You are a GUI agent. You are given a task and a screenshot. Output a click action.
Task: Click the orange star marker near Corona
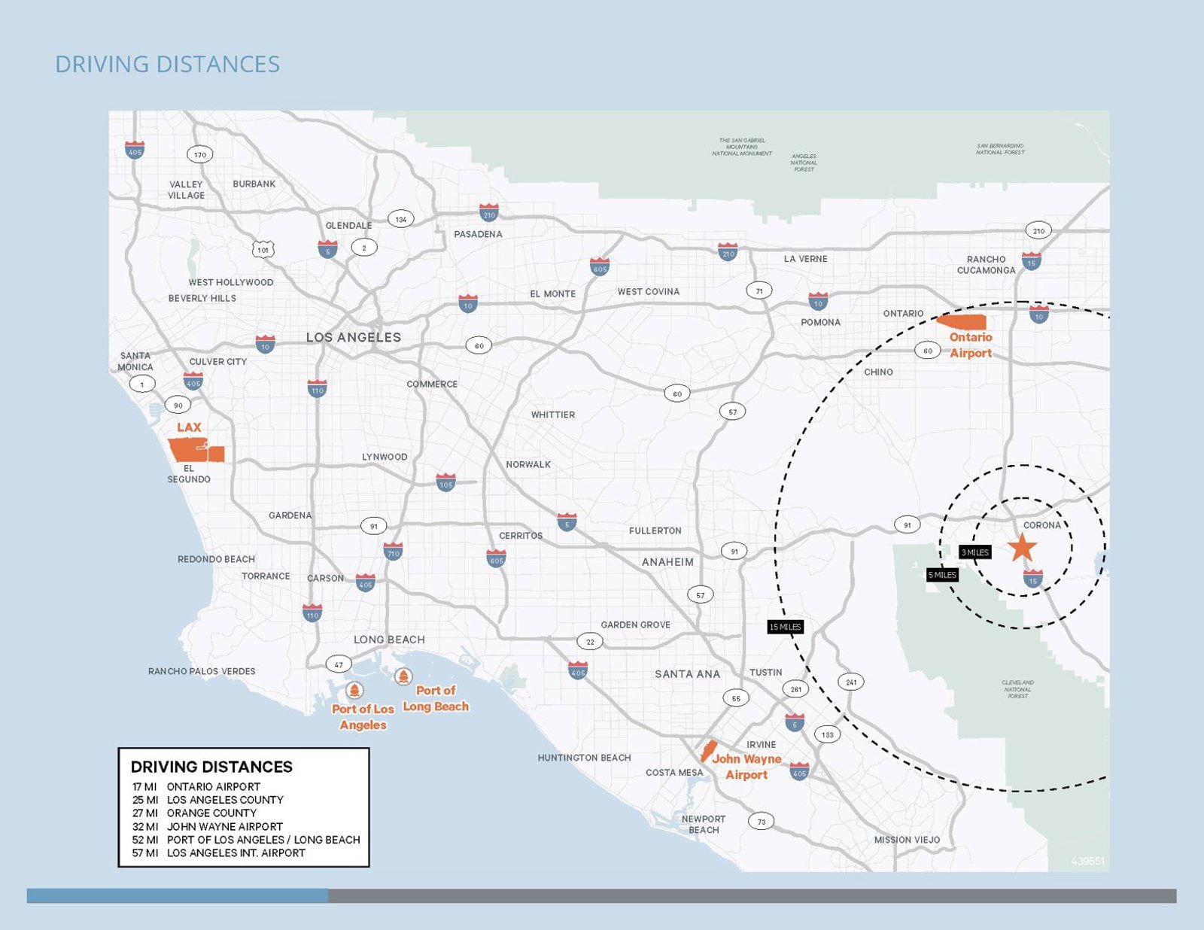pos(1022,547)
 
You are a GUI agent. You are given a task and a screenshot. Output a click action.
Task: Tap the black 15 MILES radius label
pos(785,627)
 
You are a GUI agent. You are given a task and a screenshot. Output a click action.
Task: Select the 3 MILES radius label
pos(975,552)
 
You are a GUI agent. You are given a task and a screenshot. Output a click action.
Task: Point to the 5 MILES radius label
pos(942,575)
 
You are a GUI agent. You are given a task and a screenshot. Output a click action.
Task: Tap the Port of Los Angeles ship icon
pos(354,690)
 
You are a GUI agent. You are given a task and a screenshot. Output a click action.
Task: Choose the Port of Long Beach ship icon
pos(403,676)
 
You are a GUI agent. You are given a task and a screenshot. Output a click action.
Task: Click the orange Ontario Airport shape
pos(962,322)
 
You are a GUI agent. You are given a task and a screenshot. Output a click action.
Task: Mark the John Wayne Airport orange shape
pos(708,751)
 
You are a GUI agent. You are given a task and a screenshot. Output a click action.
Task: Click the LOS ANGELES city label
pos(353,337)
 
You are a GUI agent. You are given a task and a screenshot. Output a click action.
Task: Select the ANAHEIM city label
pos(667,562)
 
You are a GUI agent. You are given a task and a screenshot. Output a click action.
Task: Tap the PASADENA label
pos(478,234)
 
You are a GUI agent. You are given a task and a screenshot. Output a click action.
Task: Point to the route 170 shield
pos(199,155)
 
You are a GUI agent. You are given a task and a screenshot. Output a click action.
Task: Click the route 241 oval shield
pos(851,682)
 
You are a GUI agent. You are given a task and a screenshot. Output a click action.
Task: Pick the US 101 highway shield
pos(263,250)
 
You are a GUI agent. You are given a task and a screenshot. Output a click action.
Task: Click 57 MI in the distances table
pos(144,852)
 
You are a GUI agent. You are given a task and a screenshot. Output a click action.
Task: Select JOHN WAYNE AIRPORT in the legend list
pos(224,826)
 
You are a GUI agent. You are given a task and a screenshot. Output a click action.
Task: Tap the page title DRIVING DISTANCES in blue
pos(167,65)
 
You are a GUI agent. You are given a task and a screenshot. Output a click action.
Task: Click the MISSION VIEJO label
pos(907,840)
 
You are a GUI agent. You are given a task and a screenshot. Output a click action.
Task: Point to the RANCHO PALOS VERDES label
pos(202,671)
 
